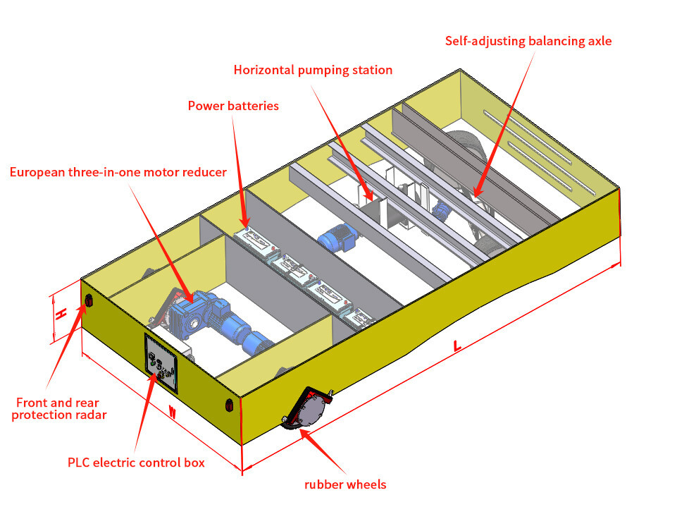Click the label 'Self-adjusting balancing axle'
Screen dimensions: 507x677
[528, 40]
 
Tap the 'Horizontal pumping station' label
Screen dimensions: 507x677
[313, 70]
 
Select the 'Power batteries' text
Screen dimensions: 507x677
[233, 106]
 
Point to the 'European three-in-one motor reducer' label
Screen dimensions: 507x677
[118, 172]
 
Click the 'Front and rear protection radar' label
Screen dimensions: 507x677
[61, 408]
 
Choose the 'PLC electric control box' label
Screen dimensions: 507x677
[136, 463]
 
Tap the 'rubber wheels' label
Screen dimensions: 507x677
[345, 484]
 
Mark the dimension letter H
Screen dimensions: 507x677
[61, 312]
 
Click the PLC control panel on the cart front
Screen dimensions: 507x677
[162, 362]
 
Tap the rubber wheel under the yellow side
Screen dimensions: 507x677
[307, 410]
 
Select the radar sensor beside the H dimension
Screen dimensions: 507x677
[89, 302]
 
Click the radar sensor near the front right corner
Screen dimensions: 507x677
[228, 405]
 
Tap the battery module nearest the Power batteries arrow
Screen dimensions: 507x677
[252, 240]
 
